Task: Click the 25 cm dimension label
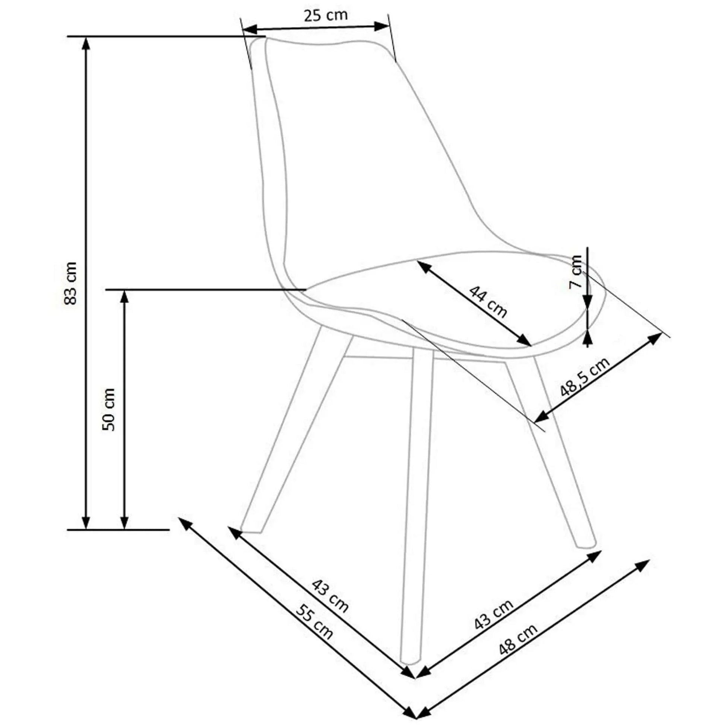tap(325, 15)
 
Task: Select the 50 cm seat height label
tap(109, 409)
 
